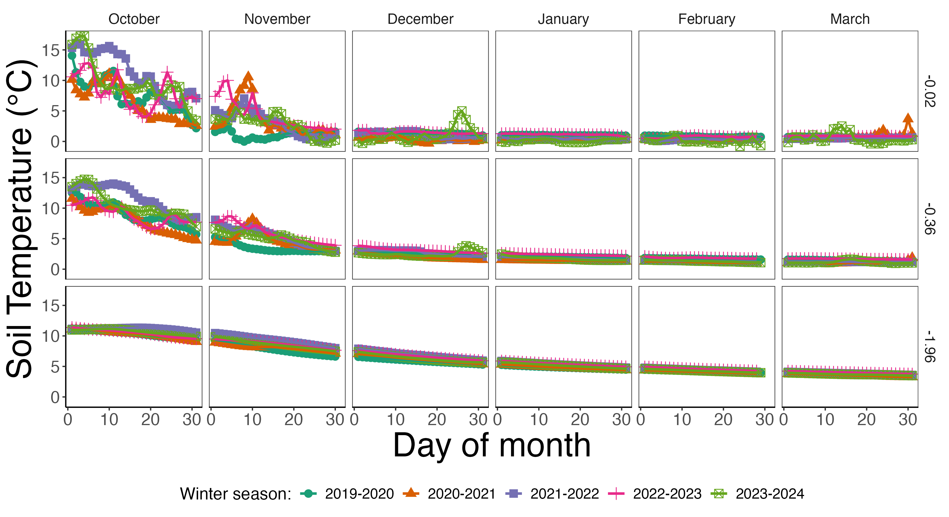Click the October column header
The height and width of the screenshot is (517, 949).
point(134,19)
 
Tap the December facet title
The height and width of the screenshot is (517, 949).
point(420,19)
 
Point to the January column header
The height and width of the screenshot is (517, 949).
point(563,19)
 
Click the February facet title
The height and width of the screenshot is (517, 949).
point(707,19)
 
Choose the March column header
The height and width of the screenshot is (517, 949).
point(849,19)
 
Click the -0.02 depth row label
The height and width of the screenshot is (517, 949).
point(929,91)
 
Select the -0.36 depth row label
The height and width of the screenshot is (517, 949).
point(929,219)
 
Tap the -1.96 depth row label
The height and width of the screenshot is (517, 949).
point(929,346)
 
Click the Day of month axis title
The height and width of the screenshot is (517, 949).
point(492,445)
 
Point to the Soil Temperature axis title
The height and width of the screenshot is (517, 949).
point(21,219)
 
